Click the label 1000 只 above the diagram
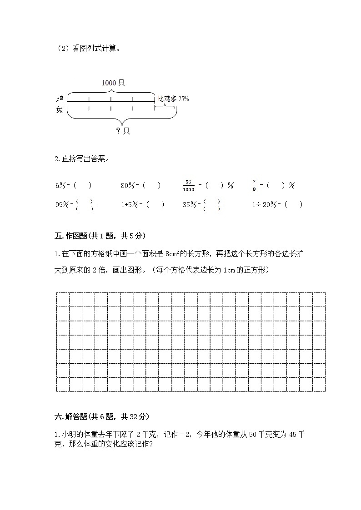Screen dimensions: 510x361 coord(113,83)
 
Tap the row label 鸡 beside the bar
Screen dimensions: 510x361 coord(60,99)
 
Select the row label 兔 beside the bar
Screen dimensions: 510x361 coord(60,109)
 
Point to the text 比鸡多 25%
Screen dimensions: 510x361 coord(173,99)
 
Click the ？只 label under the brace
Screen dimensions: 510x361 coord(122,131)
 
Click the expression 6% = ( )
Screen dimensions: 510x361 coord(73,185)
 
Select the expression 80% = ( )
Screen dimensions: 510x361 coord(140,185)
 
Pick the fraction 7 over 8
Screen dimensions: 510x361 coord(254,185)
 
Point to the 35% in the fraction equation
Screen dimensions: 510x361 coord(189,205)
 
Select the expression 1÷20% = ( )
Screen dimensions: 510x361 coord(277,205)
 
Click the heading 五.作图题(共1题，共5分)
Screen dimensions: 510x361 coord(100,236)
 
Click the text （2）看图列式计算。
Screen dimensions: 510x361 coord(87,49)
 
